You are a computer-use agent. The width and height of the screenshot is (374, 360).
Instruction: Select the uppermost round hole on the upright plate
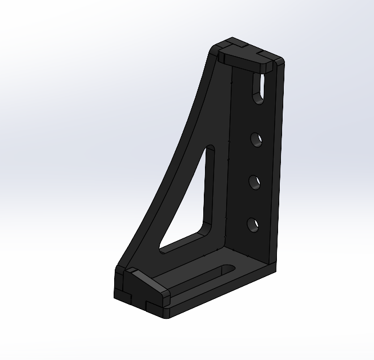[x=257, y=139]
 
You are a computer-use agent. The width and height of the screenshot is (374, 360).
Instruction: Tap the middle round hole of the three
[x=255, y=182]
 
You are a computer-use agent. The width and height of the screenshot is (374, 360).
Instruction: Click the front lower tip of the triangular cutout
[x=163, y=249]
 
